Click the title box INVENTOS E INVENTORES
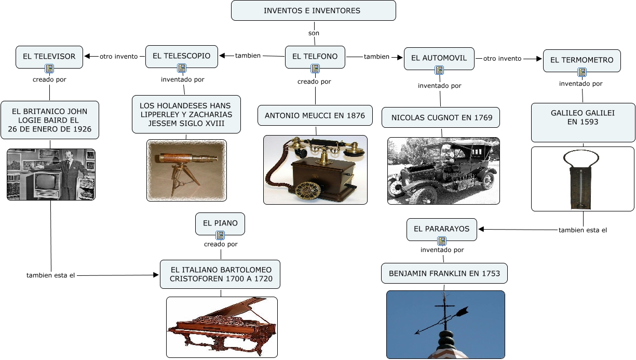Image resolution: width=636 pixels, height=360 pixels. [313, 10]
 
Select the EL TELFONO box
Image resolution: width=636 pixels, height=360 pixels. [315, 56]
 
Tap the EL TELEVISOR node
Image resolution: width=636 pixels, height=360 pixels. [49, 56]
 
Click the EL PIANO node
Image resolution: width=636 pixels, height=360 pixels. [220, 223]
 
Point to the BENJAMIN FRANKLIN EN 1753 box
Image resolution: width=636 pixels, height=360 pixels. [444, 273]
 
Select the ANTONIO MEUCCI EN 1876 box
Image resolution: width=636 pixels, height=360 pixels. [315, 115]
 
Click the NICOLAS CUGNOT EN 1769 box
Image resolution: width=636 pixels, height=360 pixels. [441, 117]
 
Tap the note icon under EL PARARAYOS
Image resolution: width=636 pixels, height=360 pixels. [441, 241]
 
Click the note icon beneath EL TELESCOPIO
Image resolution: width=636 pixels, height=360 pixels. [181, 68]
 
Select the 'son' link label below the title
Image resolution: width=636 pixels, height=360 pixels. [314, 33]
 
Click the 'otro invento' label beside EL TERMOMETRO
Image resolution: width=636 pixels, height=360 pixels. [502, 59]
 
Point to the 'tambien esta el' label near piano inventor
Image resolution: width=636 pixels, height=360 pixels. [51, 275]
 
